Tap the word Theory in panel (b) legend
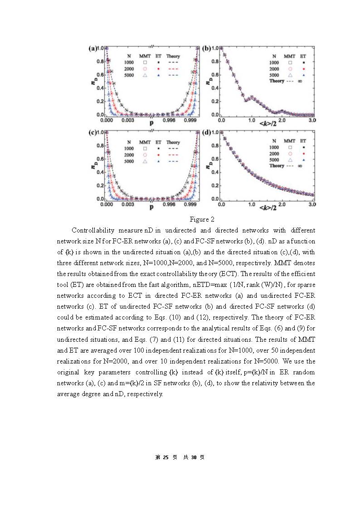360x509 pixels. click(277, 81)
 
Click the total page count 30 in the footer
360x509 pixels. click(193, 457)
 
